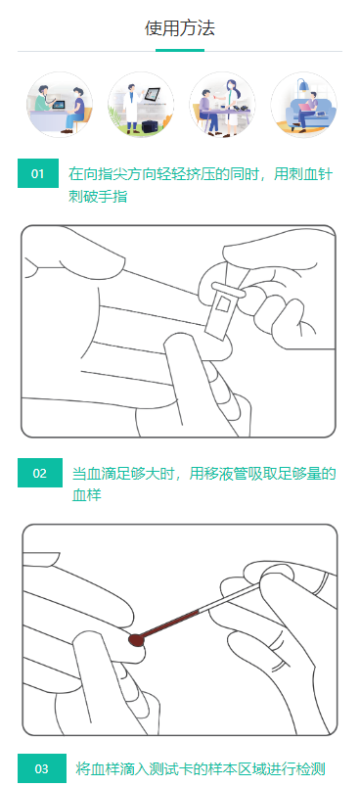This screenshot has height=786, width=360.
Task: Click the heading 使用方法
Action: (x=180, y=27)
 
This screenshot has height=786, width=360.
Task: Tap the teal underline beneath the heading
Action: (x=180, y=49)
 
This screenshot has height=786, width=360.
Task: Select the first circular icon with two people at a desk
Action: (x=59, y=105)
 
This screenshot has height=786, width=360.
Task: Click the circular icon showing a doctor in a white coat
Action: (x=140, y=105)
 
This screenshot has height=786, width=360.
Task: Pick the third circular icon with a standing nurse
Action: (x=222, y=105)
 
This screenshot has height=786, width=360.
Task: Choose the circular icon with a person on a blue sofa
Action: (x=303, y=105)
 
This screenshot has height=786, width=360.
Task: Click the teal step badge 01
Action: (x=38, y=174)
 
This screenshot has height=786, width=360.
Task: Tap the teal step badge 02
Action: (x=39, y=474)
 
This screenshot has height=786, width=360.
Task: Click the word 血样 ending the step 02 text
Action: (x=87, y=495)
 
